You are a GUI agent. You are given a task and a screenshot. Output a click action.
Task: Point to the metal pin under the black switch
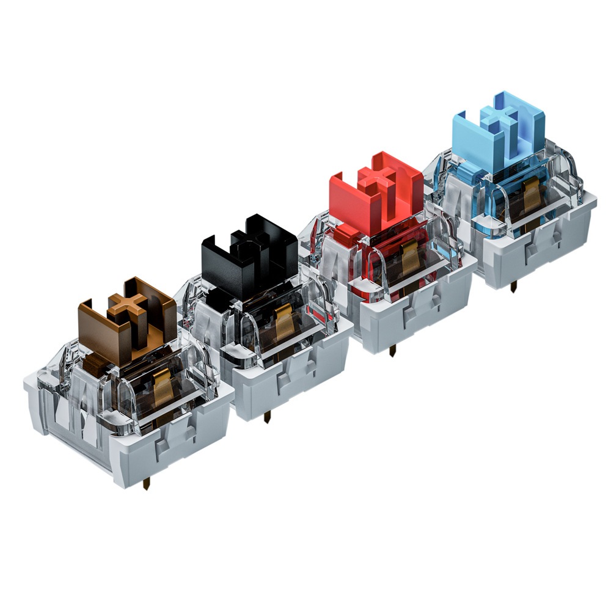click(x=266, y=418)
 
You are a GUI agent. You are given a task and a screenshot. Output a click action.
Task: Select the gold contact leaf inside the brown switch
click(x=162, y=390)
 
